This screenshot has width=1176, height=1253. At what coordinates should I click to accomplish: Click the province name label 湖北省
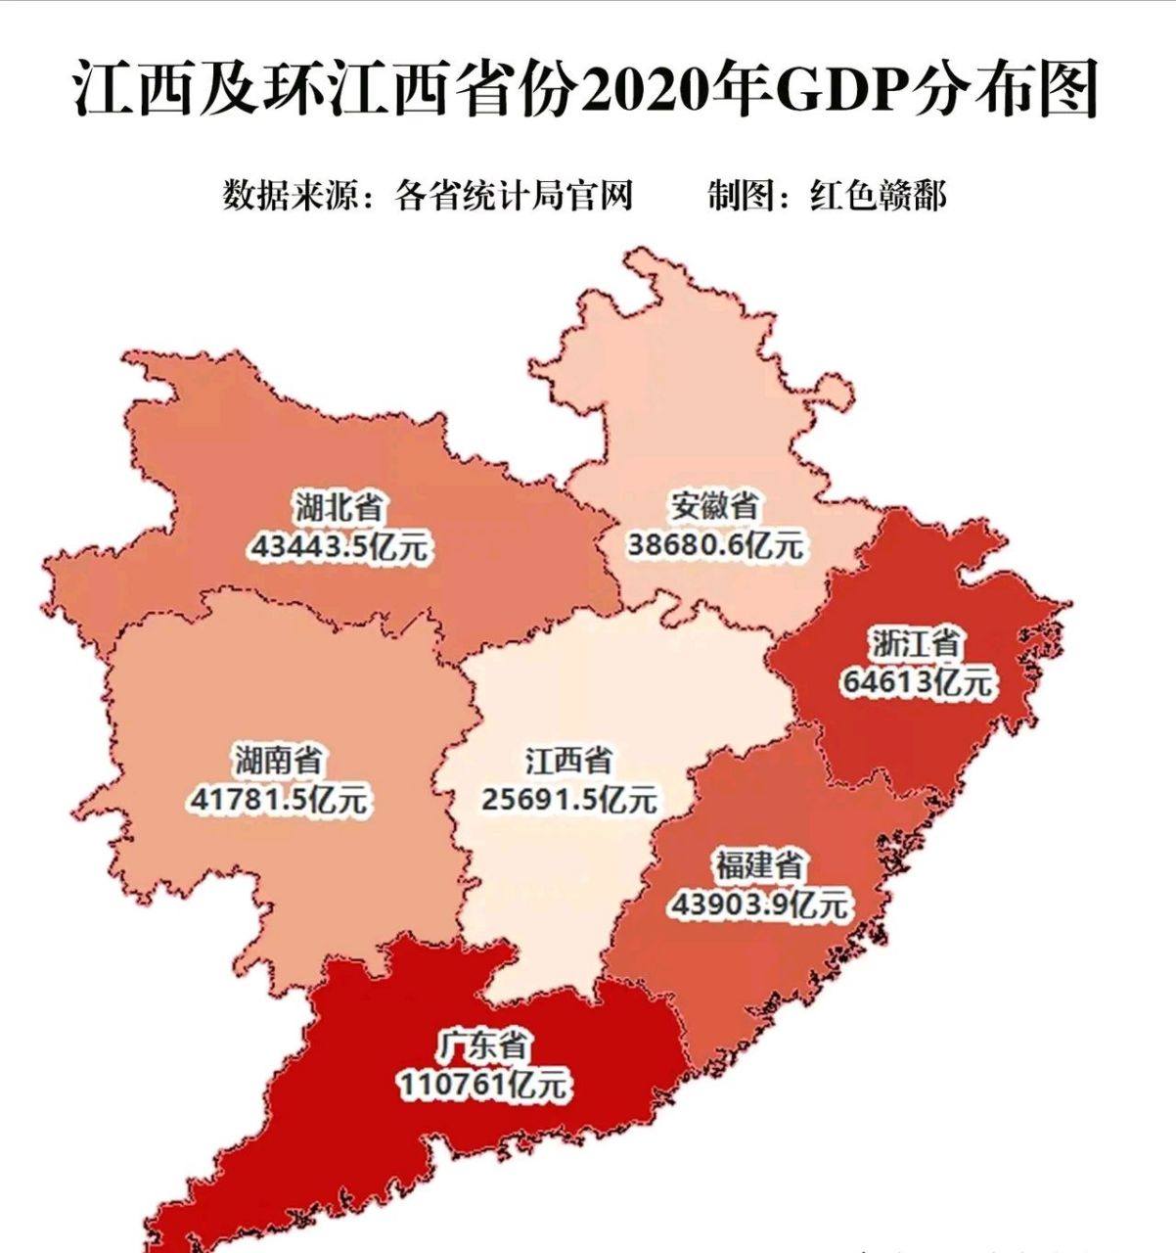click(x=338, y=508)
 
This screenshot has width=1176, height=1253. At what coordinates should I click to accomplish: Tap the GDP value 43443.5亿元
click(x=339, y=546)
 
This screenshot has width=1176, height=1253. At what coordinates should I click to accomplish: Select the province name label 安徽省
click(x=714, y=506)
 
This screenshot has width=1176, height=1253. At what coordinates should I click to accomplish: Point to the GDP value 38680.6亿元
click(x=714, y=544)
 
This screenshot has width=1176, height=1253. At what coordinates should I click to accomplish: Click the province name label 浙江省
click(x=916, y=644)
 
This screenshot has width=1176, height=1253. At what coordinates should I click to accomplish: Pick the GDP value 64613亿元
click(x=916, y=682)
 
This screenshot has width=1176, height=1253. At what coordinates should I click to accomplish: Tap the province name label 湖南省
click(x=278, y=761)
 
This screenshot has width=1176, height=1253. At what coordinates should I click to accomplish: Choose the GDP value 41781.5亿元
click(x=279, y=800)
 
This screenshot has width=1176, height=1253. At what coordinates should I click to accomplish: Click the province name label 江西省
click(x=568, y=761)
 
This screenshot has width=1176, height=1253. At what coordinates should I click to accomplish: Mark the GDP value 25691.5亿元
click(x=568, y=800)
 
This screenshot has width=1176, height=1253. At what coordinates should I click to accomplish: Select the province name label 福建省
click(x=759, y=866)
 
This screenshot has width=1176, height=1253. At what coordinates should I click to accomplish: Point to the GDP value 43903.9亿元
click(x=759, y=905)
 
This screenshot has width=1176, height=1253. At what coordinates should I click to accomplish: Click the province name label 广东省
click(x=482, y=1045)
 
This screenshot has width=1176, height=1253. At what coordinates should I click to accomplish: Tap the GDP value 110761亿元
click(x=482, y=1084)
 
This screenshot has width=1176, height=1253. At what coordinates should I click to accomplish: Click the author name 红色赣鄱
click(x=878, y=196)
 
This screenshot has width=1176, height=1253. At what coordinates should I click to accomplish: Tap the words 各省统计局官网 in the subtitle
click(x=514, y=196)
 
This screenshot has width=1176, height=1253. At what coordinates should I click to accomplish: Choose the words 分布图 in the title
click(x=1008, y=90)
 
